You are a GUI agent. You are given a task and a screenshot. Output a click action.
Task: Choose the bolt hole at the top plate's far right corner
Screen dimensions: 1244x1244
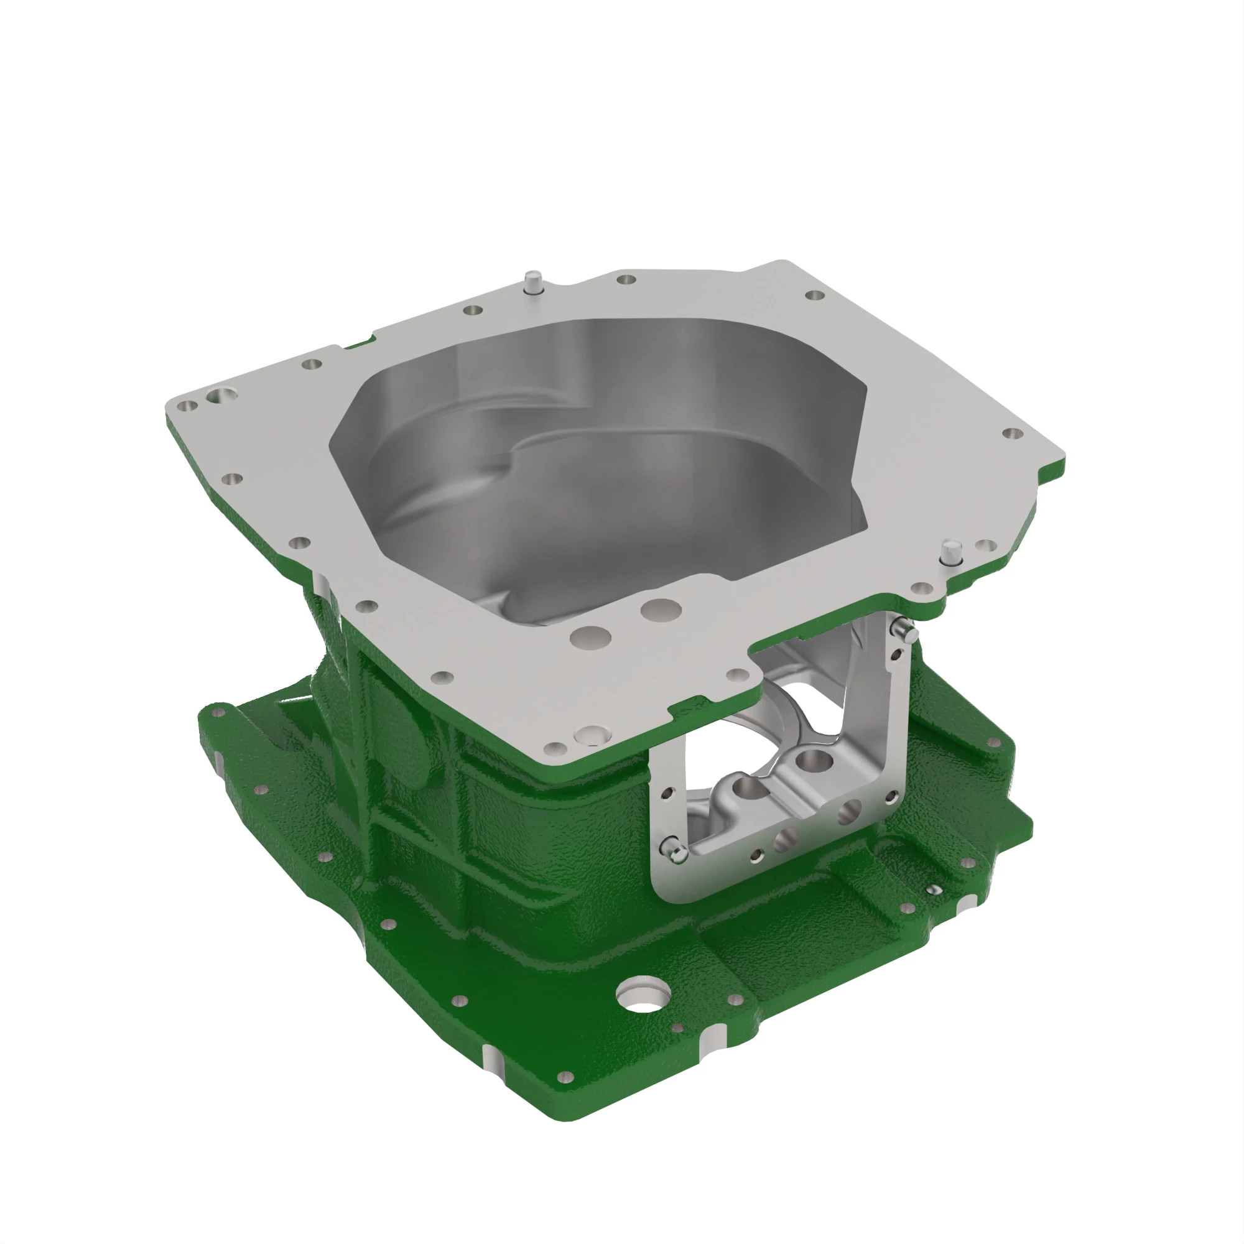coord(1012,434)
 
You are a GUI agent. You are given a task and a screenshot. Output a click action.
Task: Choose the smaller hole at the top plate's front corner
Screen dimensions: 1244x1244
coord(555,748)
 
